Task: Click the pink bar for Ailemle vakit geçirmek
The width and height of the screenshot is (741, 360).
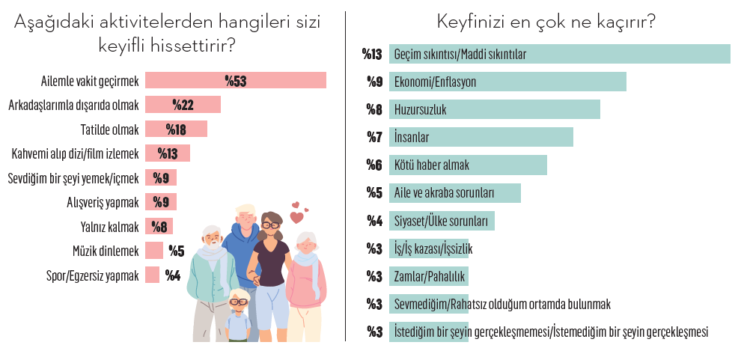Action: tap(235, 80)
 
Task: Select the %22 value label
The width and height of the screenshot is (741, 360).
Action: tap(183, 105)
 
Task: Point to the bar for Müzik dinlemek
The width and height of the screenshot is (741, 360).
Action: tap(153, 251)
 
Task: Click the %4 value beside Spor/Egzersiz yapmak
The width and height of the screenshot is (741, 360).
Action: tap(173, 275)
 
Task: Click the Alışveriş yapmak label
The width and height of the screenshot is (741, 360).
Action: tap(103, 202)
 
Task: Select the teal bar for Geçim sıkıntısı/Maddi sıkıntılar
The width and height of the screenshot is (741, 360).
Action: tap(559, 54)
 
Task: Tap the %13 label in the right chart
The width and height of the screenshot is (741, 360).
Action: tap(372, 54)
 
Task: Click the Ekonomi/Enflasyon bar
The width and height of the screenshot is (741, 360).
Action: tap(507, 82)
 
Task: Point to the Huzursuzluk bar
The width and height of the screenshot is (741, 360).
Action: tap(494, 109)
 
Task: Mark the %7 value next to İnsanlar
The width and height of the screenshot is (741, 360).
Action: tap(374, 137)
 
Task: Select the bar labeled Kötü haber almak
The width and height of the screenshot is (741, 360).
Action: tap(468, 165)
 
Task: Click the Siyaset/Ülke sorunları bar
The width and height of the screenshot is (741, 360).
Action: tap(442, 221)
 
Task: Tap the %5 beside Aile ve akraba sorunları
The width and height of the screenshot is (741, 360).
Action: tap(374, 192)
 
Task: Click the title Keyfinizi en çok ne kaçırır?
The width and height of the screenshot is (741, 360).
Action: tap(546, 22)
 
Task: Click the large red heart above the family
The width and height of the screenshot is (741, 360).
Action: tap(296, 218)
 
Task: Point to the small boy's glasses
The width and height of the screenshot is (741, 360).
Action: tap(238, 302)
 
